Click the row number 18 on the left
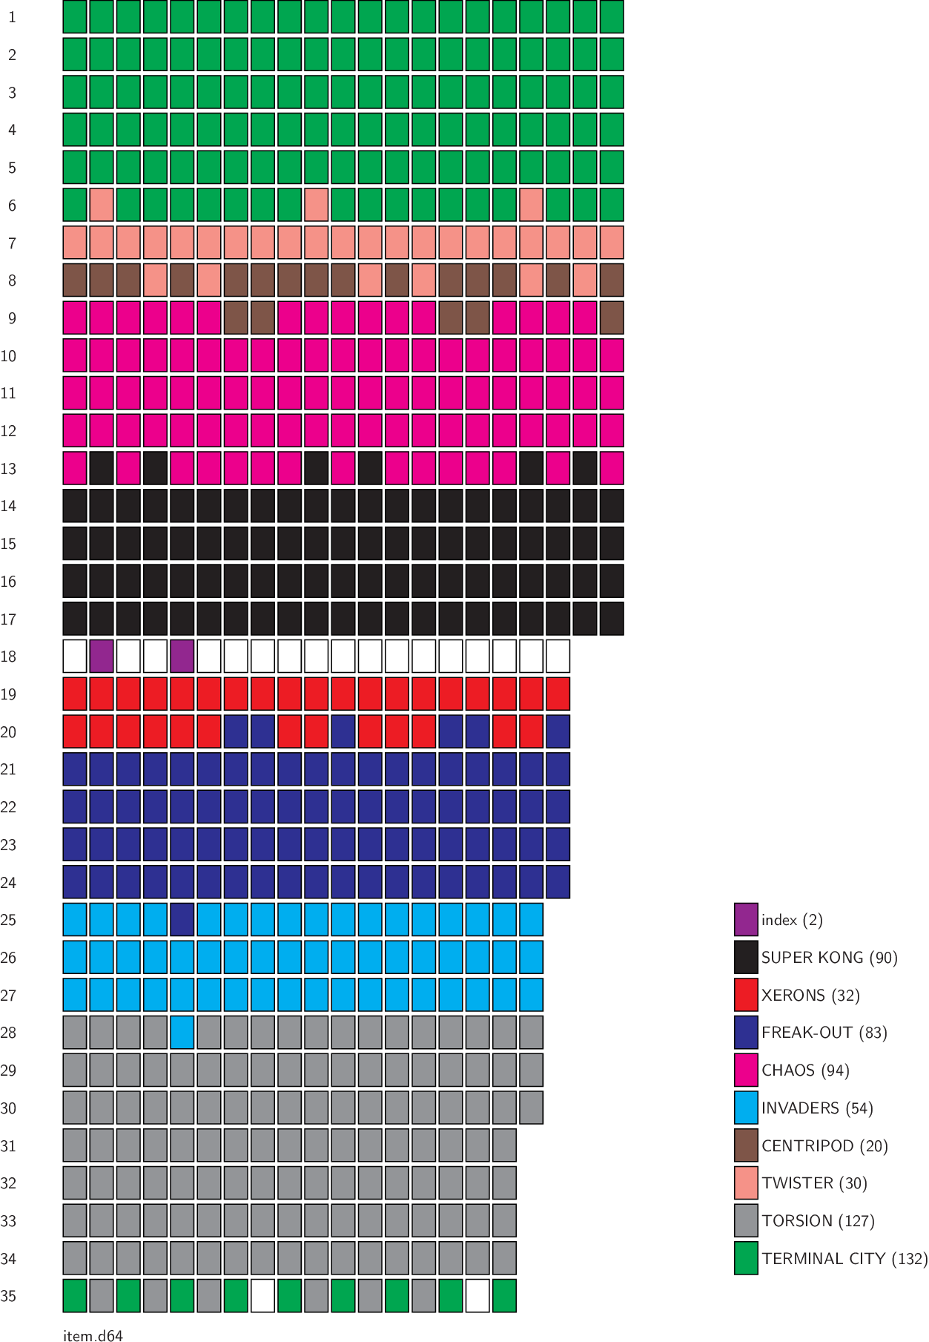point(8,657)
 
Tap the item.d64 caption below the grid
point(93,1335)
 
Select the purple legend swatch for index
point(746,919)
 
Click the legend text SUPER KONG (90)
point(829,957)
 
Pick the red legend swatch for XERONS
point(746,995)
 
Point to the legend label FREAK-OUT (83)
point(824,1033)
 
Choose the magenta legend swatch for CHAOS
point(746,1070)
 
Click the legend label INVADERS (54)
point(817,1108)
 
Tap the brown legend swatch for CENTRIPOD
point(746,1145)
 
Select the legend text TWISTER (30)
point(814,1183)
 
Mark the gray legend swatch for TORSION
point(746,1220)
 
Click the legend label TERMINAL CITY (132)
point(844,1258)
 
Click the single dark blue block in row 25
point(182,919)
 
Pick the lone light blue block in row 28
point(182,1032)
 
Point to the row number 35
point(8,1296)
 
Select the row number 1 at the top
point(12,17)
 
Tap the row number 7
point(12,243)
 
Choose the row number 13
point(8,469)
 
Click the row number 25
point(8,920)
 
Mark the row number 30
point(8,1108)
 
